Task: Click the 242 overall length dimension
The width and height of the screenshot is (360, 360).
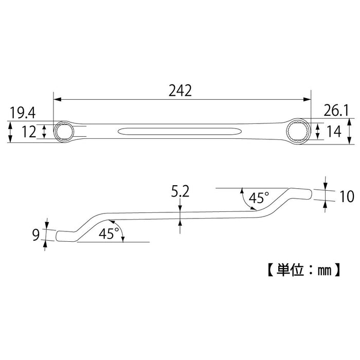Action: click(x=179, y=91)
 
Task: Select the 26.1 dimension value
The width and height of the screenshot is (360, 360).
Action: click(x=336, y=110)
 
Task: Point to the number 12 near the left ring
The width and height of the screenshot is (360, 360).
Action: click(x=29, y=132)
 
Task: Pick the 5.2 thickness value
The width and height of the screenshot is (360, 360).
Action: click(x=181, y=192)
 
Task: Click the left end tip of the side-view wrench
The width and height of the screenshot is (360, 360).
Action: click(x=58, y=236)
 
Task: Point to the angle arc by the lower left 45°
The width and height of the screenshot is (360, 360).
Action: click(x=122, y=232)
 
